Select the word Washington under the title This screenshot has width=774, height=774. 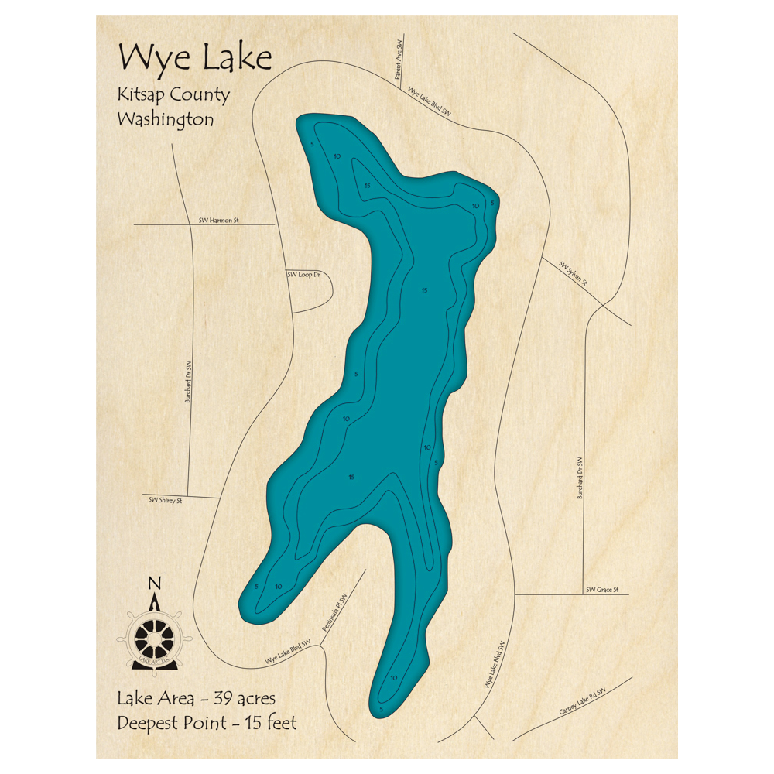point(165,120)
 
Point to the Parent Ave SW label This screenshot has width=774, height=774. point(399,67)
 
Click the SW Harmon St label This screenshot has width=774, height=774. point(219,221)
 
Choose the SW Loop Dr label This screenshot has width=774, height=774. point(303,275)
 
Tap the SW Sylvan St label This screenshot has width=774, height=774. point(574,273)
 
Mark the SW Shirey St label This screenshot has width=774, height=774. point(165,500)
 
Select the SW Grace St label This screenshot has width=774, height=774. point(601,590)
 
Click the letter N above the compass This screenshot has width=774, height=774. point(154,584)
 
